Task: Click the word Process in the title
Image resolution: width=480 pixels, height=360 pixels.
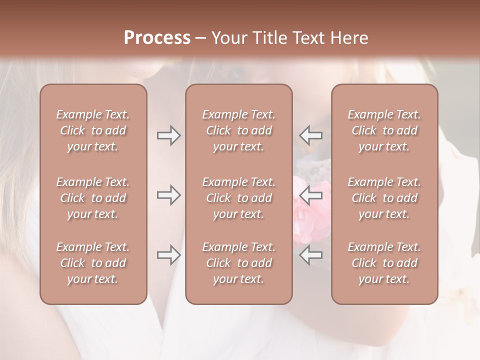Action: tap(157, 37)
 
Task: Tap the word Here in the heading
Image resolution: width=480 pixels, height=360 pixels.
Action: tap(349, 37)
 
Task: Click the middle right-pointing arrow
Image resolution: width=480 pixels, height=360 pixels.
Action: tap(169, 195)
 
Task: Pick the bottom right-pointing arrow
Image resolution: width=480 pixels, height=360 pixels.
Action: tap(169, 255)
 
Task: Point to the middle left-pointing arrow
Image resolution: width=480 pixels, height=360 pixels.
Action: tap(310, 195)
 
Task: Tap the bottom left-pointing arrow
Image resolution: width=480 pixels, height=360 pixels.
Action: tap(310, 255)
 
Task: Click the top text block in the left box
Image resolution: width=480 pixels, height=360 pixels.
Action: tap(93, 130)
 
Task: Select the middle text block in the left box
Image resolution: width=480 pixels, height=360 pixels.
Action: tap(93, 198)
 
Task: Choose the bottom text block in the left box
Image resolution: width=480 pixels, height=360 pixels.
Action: tap(93, 263)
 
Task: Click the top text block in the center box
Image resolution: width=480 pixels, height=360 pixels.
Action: tap(239, 130)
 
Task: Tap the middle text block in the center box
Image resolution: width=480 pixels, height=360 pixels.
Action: tap(239, 198)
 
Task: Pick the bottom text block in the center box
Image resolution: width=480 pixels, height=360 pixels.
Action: tap(239, 263)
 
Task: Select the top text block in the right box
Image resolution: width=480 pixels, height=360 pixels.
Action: tap(384, 130)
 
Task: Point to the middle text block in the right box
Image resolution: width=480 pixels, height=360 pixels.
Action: tap(384, 198)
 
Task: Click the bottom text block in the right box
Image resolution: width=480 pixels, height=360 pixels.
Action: tap(384, 263)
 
